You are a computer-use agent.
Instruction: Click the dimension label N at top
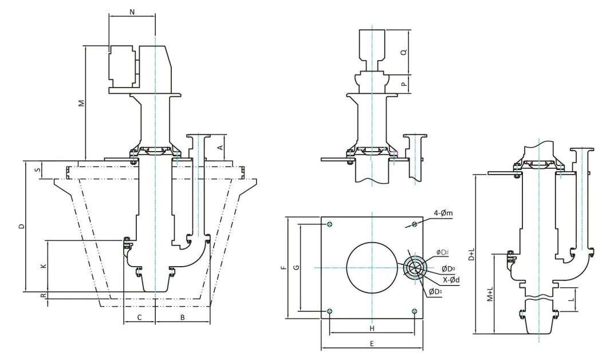point(132,11)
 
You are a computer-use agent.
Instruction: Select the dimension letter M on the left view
point(82,103)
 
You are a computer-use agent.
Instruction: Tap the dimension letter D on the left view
point(21,227)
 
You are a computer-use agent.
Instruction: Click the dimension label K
point(42,266)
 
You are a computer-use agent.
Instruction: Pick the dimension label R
point(42,295)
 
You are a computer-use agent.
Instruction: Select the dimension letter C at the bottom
point(139,317)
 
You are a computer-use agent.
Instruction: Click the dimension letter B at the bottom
point(182,317)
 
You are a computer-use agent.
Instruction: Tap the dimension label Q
point(403,52)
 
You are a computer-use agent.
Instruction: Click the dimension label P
point(403,84)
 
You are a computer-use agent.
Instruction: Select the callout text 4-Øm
point(443,213)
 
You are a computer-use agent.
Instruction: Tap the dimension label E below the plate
point(371,343)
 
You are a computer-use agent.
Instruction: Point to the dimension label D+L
point(471,254)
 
